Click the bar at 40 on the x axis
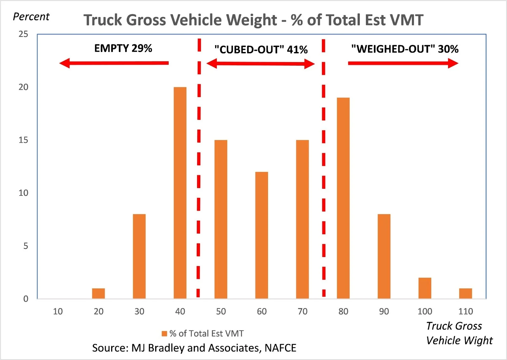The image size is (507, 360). click(180, 193)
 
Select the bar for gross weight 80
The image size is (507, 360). click(343, 198)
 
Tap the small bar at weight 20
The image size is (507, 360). click(98, 293)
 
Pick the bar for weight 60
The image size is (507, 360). click(261, 235)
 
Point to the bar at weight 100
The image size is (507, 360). click(425, 288)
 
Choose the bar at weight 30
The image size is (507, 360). click(139, 256)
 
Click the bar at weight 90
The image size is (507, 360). click(384, 256)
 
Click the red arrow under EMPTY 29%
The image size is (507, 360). click(114, 63)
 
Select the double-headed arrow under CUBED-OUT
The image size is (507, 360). click(260, 64)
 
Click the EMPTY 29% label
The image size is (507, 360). click(123, 48)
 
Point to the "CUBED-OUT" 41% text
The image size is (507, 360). click(261, 49)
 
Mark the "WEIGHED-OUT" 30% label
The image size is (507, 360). click(405, 49)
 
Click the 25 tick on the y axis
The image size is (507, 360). click(23, 34)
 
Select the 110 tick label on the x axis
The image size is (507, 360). click(465, 311)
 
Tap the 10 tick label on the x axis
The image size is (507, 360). click(58, 311)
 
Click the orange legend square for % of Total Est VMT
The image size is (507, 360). click(164, 334)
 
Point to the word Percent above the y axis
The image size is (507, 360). click(31, 16)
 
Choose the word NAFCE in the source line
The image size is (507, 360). click(280, 348)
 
